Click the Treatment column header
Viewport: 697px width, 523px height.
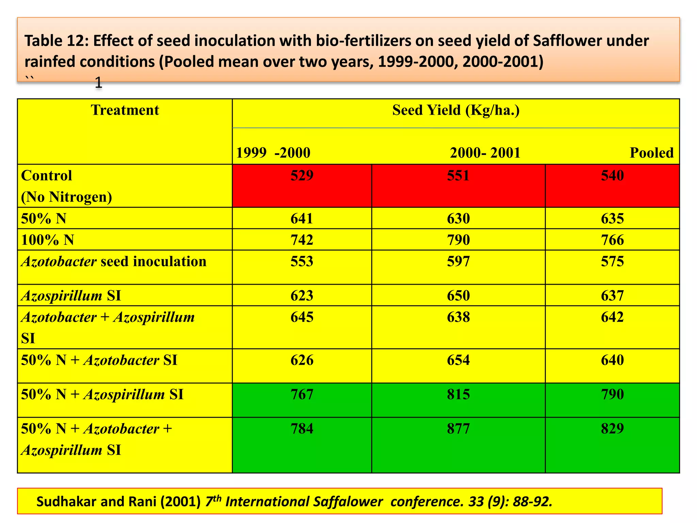[125, 110]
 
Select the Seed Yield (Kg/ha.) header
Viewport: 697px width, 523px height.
[456, 110]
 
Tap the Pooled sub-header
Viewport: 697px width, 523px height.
[651, 153]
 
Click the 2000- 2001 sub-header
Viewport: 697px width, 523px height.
[485, 153]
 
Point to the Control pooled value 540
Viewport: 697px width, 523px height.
[612, 176]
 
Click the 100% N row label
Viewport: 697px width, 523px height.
[48, 240]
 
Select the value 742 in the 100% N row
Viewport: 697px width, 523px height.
[302, 240]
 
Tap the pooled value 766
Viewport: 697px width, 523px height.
[612, 240]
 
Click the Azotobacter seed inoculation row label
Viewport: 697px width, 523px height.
[114, 261]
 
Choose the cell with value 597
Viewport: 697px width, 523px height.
[458, 261]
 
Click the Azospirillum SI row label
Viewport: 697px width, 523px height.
[71, 296]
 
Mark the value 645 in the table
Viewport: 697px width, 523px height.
[302, 317]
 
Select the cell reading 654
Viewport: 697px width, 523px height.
[458, 360]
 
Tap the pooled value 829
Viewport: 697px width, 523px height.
[612, 429]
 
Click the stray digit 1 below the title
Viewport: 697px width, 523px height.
[98, 83]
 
